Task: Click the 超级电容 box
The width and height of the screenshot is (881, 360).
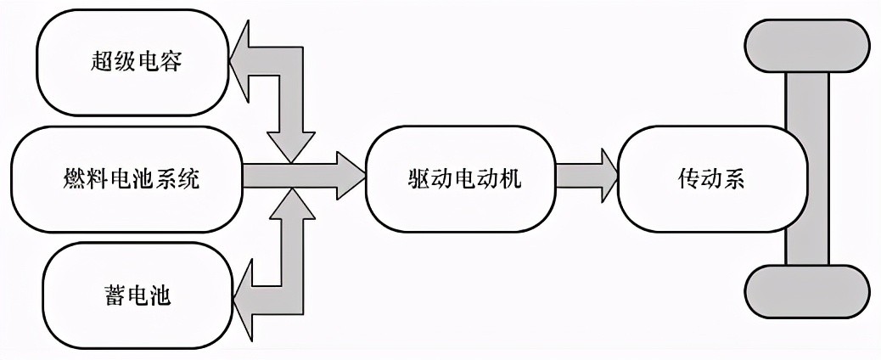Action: pos(136,62)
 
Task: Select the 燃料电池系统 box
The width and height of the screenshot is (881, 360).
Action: pos(127,178)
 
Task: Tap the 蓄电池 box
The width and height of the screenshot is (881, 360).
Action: pos(136,295)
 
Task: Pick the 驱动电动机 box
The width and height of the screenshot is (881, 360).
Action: pos(461,178)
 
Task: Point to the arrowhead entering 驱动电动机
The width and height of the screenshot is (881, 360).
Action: pos(350,177)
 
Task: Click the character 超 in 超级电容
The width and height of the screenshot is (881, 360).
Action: pos(101,62)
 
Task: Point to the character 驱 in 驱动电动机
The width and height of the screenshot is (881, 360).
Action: pos(419,179)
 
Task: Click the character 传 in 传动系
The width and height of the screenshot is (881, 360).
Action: pos(688,179)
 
